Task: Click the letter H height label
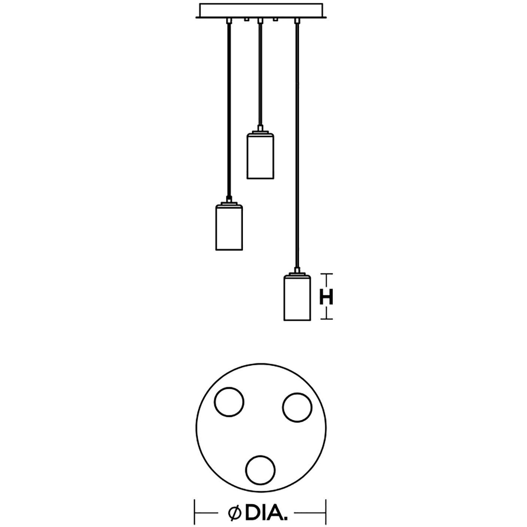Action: (x=326, y=298)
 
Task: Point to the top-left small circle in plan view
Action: (x=229, y=402)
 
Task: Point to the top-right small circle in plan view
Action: (x=297, y=407)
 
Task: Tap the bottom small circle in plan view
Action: (x=261, y=470)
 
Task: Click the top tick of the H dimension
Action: (x=327, y=274)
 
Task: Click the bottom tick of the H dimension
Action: (x=327, y=319)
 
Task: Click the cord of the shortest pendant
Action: (x=259, y=75)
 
